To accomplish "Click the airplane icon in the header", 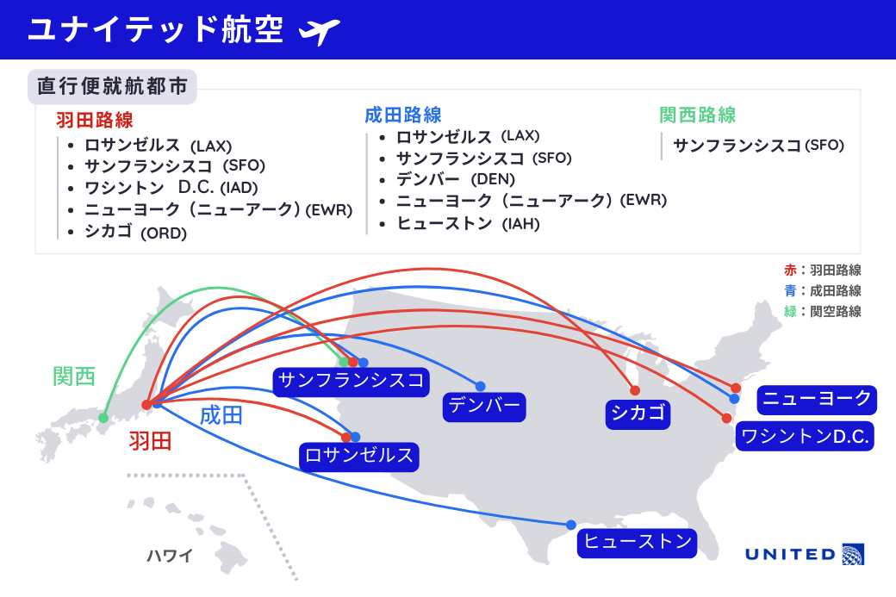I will coord(319,31).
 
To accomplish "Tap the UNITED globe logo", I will coord(853,553).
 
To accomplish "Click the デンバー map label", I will coord(485,406).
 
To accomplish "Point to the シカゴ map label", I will coord(638,413).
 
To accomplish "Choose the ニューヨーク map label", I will coord(817,399).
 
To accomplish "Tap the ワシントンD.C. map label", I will coord(806,436).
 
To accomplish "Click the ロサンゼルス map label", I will coord(359,456).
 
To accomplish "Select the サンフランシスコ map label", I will coord(352,380).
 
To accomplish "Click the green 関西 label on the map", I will coord(74,376).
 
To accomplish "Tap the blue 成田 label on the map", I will coord(221,415).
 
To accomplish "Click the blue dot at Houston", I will coord(570,525).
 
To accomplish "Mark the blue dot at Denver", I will coord(480,386).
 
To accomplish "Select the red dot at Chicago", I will coord(635,390).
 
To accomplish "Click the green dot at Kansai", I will coord(103,419).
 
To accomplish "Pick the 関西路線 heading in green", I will coord(697,115).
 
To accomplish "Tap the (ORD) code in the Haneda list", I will coord(164,233).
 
